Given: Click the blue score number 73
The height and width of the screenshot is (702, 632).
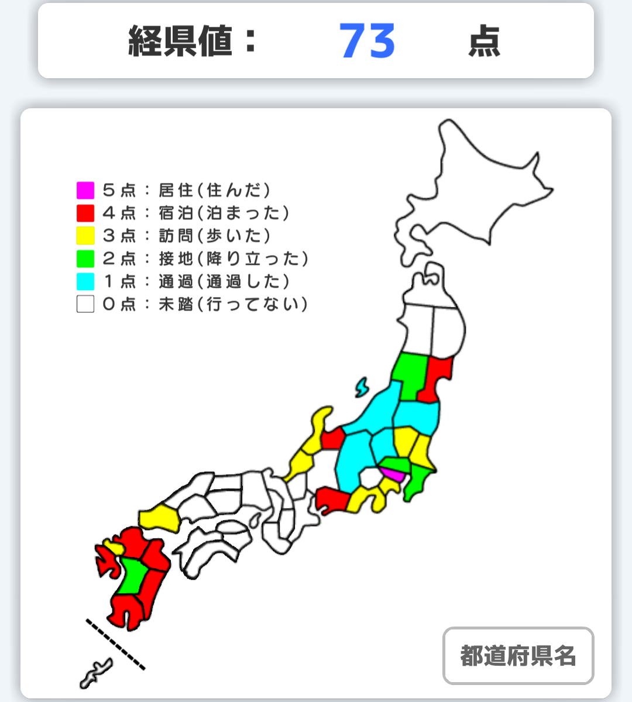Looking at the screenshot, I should [x=367, y=42].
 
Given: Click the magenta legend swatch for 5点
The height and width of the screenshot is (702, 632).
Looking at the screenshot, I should [x=85, y=190].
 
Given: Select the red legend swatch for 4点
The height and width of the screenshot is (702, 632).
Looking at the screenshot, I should [x=85, y=213].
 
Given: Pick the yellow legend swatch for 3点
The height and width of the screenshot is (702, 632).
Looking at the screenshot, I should [x=85, y=236].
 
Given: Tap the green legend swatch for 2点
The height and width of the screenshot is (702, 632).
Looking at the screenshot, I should [x=85, y=259].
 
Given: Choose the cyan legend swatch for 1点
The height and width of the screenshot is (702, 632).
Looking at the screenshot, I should [x=85, y=281].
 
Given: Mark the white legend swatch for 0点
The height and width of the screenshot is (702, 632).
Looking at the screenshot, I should [x=85, y=304].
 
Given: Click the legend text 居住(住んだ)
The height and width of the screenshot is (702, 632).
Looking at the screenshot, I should [x=214, y=190].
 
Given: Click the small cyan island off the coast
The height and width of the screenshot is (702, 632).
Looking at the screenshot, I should [x=362, y=387].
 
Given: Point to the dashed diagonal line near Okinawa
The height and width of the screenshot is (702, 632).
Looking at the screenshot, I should [x=115, y=643].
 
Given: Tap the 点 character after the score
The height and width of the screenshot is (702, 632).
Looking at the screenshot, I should [x=484, y=42].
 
